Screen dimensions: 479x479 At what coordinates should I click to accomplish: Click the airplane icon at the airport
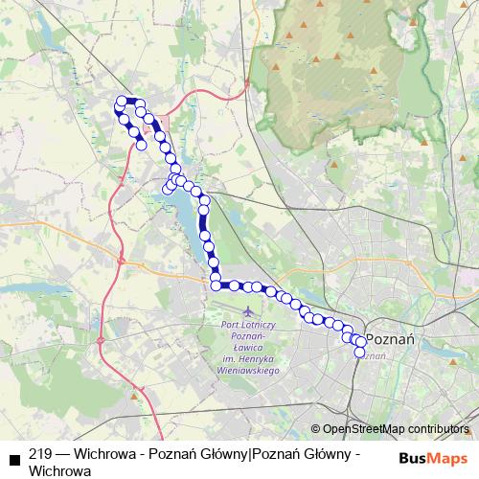point(248,312)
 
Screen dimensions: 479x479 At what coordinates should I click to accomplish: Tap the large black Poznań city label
point(390,339)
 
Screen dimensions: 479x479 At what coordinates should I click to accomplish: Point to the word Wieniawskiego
point(248,370)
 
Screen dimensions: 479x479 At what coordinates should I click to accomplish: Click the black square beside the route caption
point(14,457)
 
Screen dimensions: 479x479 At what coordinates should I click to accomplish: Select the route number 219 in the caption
point(41,455)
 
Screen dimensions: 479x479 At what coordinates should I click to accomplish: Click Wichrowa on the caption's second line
point(60,470)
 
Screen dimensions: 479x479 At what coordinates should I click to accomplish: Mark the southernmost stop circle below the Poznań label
point(360,353)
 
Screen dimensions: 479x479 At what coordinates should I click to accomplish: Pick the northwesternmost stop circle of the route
point(122,101)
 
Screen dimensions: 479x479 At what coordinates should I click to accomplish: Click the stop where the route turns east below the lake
point(217,285)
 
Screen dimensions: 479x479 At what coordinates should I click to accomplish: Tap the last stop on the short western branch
point(142,146)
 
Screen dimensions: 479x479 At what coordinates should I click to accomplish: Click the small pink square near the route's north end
point(164,123)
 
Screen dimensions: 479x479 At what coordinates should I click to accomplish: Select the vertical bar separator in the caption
point(250,455)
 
